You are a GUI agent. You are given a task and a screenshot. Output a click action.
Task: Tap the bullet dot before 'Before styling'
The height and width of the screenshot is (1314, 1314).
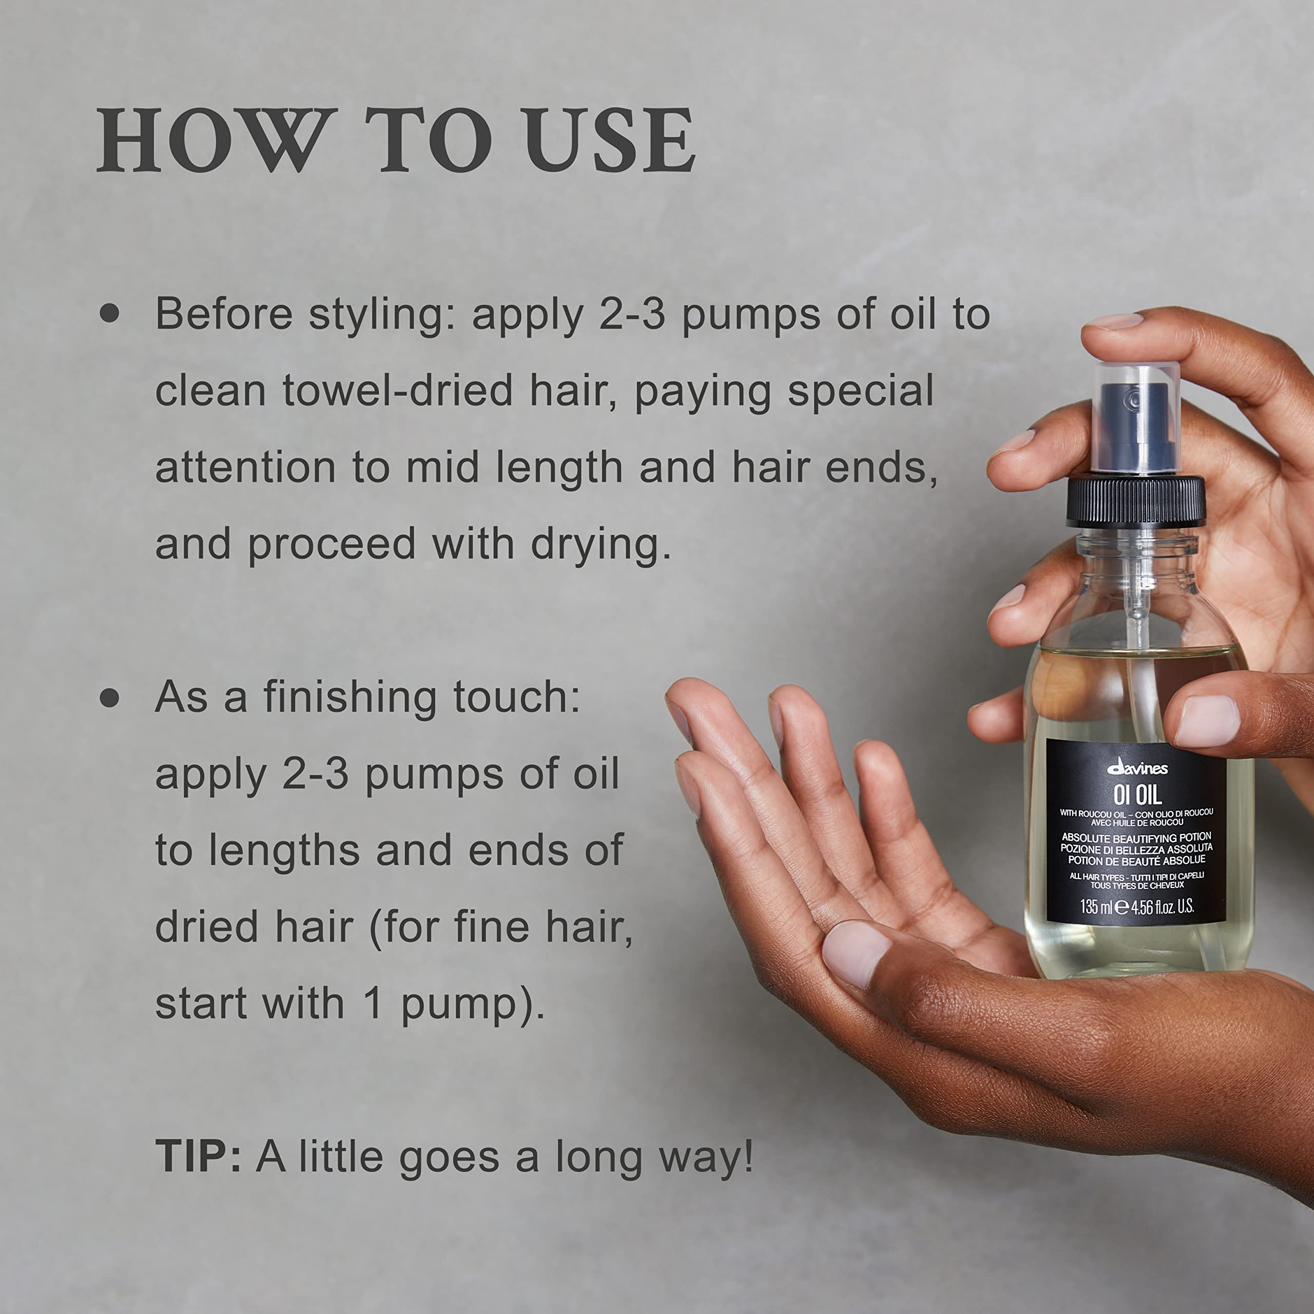click(109, 314)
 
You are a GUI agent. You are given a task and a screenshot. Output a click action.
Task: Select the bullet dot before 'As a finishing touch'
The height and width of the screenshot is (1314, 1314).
click(109, 699)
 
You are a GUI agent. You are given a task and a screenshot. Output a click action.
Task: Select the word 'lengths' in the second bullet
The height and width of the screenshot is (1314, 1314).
click(284, 851)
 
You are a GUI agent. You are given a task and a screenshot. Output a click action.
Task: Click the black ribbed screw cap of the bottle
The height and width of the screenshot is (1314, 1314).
click(1135, 502)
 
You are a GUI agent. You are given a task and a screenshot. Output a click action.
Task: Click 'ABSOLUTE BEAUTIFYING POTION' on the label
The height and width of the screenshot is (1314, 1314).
click(1136, 837)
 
